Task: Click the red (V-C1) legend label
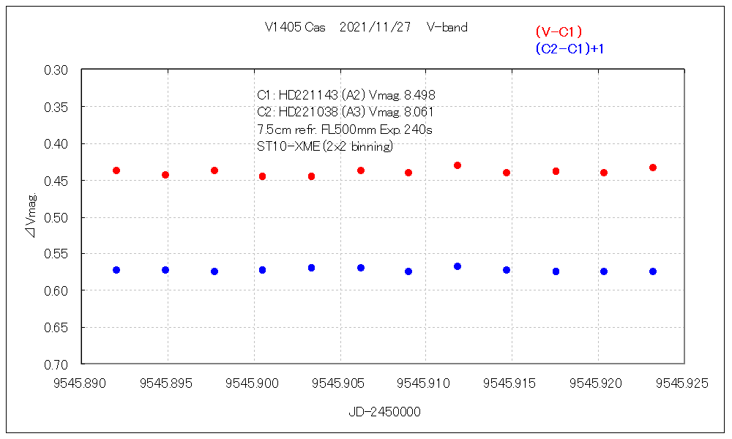coord(559,31)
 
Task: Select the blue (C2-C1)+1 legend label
coord(569,49)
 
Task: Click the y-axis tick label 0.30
coord(56,70)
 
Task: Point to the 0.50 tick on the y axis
coord(56,217)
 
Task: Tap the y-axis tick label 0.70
coord(56,364)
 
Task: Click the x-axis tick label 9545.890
coord(82,383)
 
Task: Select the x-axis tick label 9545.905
coord(340,383)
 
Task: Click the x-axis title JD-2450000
coord(384,412)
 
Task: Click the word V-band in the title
coord(447,28)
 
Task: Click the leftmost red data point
coord(116,170)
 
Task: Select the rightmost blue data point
coord(653,271)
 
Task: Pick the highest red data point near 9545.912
coord(457,165)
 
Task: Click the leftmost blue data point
coord(116,270)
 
